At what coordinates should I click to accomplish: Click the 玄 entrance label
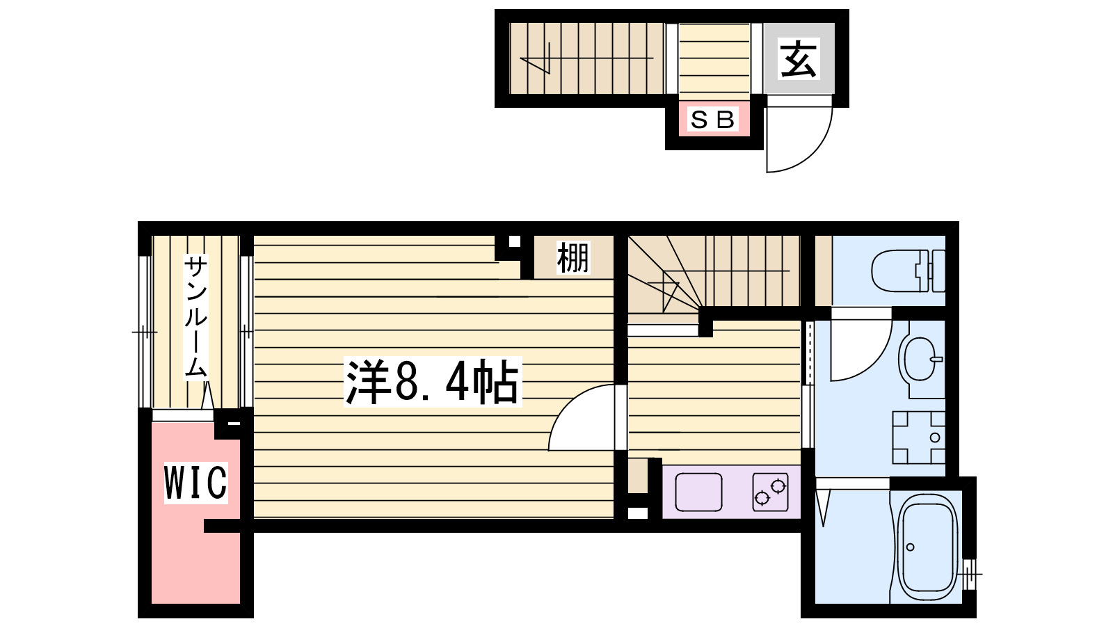click(x=798, y=60)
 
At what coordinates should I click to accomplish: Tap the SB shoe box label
click(x=712, y=120)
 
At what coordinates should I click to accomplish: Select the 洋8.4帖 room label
click(x=432, y=383)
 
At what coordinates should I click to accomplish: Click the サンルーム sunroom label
click(x=196, y=316)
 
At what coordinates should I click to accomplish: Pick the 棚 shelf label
click(x=572, y=257)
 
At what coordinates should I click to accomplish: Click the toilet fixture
click(x=907, y=271)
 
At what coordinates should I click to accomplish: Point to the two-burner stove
click(x=769, y=491)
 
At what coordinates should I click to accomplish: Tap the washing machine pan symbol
click(x=919, y=438)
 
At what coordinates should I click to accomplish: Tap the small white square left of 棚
click(x=514, y=242)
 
